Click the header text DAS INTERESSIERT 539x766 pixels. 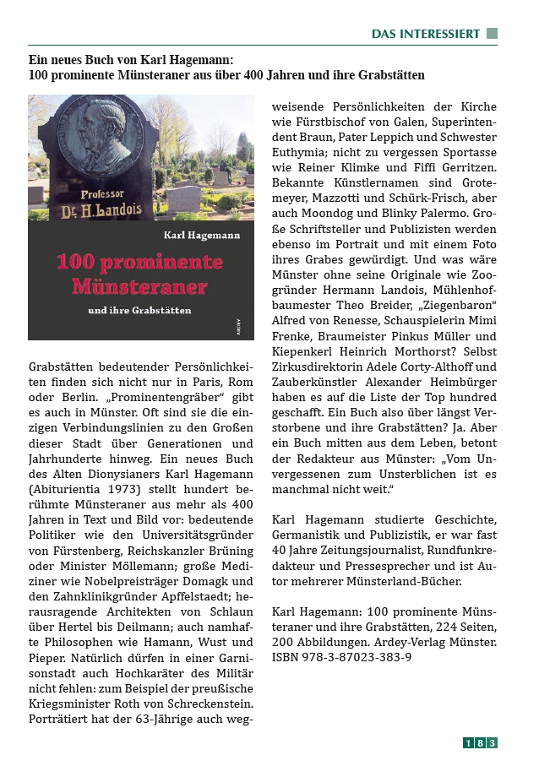click(x=426, y=34)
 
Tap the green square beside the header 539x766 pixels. click(x=492, y=34)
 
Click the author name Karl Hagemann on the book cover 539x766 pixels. click(x=201, y=232)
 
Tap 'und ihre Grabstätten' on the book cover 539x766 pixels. click(x=139, y=310)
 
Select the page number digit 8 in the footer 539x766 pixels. click(x=480, y=743)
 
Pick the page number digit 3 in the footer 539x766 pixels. click(x=492, y=743)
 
